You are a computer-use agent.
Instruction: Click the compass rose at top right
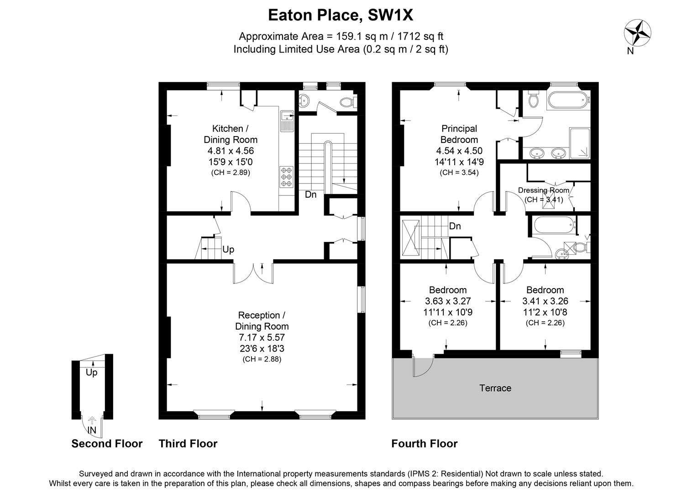click(x=637, y=33)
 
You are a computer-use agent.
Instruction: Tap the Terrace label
click(x=495, y=388)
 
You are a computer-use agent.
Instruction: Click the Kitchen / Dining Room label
click(x=231, y=134)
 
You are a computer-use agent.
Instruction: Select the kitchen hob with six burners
click(x=286, y=177)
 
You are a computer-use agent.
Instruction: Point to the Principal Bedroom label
click(x=459, y=134)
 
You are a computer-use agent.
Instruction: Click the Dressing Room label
click(x=543, y=190)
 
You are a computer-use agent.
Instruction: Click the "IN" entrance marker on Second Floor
click(x=92, y=430)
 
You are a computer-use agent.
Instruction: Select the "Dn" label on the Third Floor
click(x=310, y=195)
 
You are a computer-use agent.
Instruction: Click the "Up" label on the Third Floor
click(x=228, y=250)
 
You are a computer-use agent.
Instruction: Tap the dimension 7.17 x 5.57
click(x=262, y=337)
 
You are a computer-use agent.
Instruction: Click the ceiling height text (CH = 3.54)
click(x=459, y=173)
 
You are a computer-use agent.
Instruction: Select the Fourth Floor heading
click(x=424, y=444)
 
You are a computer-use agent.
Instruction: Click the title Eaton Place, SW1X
click(x=341, y=16)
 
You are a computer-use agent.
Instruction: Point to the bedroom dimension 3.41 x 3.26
click(x=545, y=301)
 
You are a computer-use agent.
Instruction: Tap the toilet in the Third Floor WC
click(x=348, y=102)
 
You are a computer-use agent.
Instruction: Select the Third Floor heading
click(x=188, y=444)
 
